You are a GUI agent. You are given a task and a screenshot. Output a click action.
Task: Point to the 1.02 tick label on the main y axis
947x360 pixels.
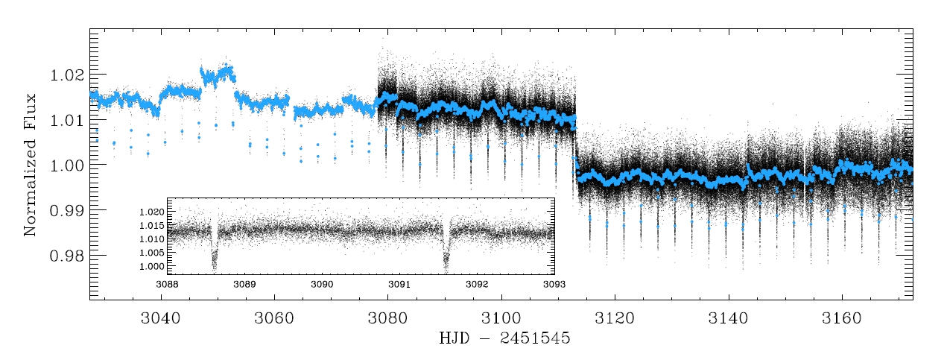pyautogui.click(x=64, y=76)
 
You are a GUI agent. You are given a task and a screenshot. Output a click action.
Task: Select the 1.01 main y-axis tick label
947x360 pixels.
pyautogui.click(x=64, y=121)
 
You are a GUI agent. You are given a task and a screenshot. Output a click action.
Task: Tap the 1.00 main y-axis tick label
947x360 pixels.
pyautogui.click(x=64, y=165)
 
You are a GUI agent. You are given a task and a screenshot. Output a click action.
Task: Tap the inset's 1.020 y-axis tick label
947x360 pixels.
pyautogui.click(x=151, y=212)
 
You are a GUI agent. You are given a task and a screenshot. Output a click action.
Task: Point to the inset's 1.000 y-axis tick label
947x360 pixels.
pyautogui.click(x=151, y=266)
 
